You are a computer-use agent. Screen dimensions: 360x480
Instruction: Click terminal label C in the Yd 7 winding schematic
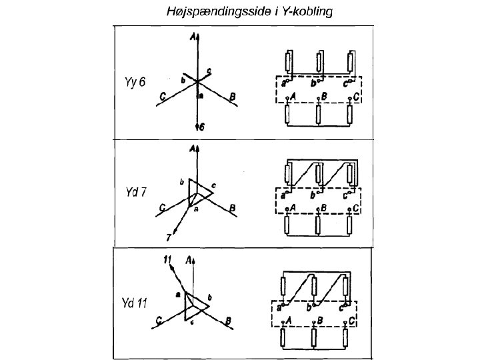click(x=357, y=209)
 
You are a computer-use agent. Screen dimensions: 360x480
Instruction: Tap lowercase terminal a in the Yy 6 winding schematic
click(x=284, y=83)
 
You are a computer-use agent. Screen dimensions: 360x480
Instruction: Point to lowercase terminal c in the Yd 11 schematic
click(x=342, y=307)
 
